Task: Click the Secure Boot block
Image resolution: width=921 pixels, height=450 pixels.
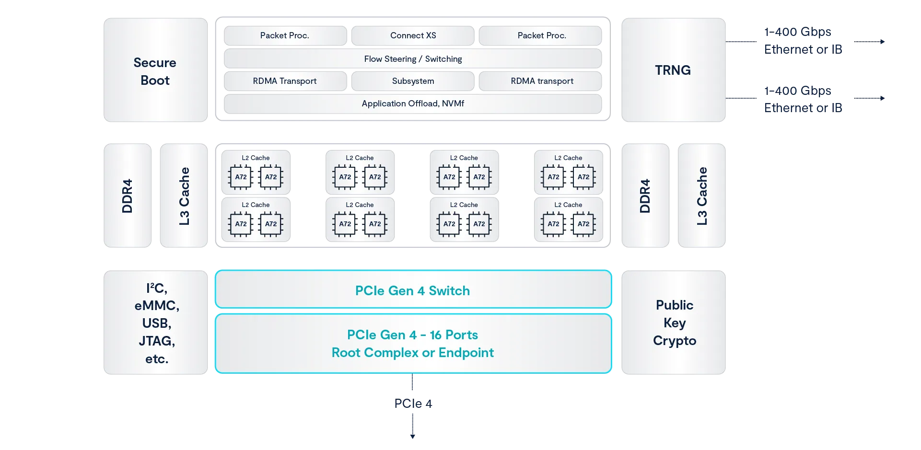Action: (155, 69)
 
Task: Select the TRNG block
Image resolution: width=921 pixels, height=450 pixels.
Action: (673, 70)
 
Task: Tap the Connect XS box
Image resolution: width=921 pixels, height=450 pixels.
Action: (413, 35)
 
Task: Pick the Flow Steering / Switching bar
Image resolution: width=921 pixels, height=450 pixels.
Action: (413, 59)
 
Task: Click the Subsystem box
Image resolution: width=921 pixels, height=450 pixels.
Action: (413, 81)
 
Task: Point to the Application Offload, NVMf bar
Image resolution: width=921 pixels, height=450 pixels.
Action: (413, 104)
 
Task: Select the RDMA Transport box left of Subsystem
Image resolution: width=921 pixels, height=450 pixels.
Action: (285, 81)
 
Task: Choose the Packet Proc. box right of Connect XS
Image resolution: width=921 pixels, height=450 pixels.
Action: (541, 35)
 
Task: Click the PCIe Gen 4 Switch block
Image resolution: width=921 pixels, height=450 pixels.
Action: (413, 290)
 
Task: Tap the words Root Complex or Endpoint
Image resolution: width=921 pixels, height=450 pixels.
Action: (413, 353)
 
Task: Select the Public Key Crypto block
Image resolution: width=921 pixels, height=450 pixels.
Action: (674, 323)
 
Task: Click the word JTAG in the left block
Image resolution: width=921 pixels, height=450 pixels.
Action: (157, 341)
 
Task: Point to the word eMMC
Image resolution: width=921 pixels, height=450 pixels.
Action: (157, 305)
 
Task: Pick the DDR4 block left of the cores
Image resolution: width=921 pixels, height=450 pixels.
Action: (128, 196)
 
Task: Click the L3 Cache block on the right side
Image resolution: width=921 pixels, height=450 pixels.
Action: (701, 196)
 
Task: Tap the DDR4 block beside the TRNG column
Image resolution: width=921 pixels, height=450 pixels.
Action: (645, 196)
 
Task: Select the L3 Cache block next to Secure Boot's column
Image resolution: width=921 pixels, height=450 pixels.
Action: (184, 196)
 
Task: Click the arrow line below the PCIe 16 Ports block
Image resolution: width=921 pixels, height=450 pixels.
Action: (412, 422)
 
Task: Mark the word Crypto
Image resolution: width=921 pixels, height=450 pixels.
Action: (674, 340)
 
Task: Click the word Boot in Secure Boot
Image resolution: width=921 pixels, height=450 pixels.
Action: (155, 81)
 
